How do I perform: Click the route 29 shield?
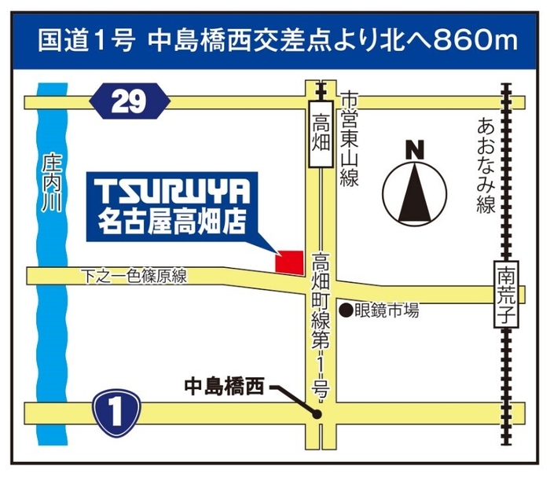coord(130,101)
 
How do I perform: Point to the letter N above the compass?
coord(415,147)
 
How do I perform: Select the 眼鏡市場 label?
coord(388,310)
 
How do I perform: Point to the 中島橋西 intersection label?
coord(223,386)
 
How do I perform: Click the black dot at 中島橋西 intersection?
coord(317,413)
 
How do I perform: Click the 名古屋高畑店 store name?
coord(174,222)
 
